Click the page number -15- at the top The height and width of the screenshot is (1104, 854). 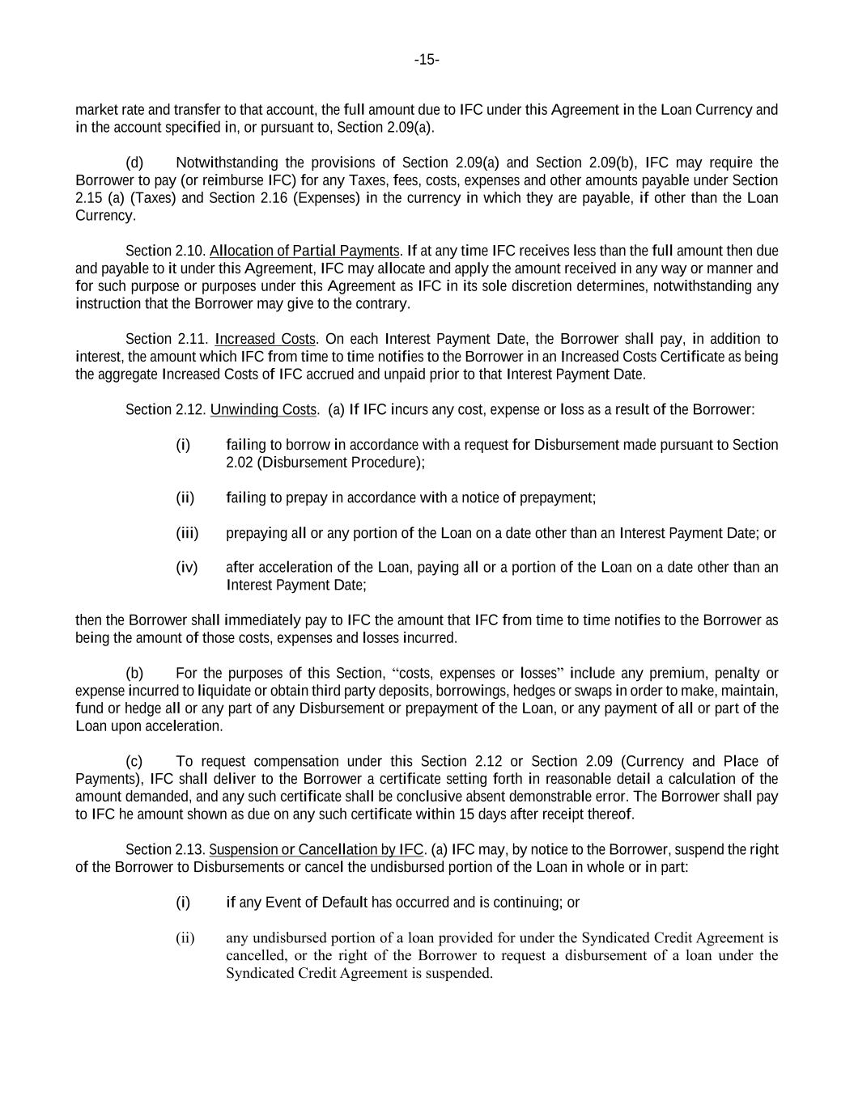point(427,60)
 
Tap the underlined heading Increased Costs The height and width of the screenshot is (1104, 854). point(266,339)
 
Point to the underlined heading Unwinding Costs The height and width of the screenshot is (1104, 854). point(263,409)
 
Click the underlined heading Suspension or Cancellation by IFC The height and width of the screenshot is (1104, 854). point(317,849)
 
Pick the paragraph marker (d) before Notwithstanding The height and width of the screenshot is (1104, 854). point(134,163)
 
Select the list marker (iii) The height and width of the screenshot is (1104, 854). point(187,533)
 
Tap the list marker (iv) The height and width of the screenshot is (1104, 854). point(186,567)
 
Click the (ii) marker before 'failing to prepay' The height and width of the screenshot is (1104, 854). point(185,497)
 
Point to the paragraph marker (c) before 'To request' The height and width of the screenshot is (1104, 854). point(134,761)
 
